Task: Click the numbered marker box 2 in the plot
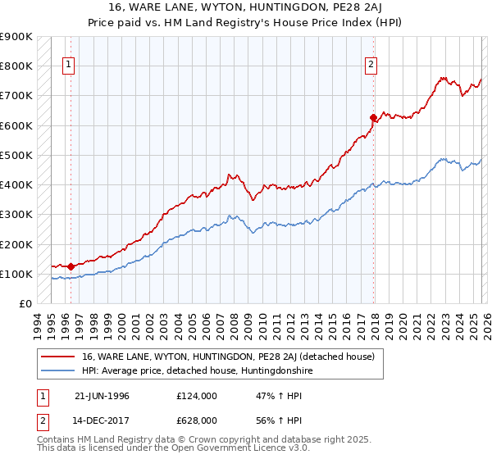pos(371,64)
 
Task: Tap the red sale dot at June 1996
pos(71,266)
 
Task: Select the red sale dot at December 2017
pos(374,117)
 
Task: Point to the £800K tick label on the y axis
pos(17,66)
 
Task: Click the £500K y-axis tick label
pos(17,155)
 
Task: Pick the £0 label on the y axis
pos(26,303)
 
